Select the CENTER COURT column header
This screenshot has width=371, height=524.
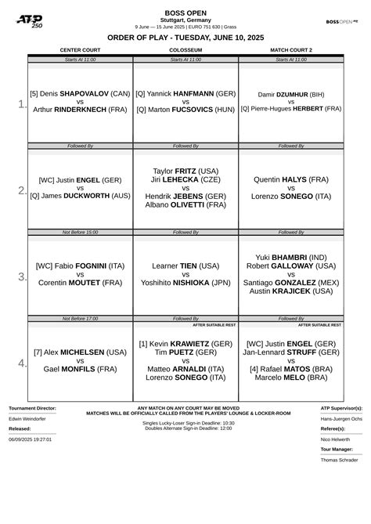click(80, 50)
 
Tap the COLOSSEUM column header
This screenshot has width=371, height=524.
click(185, 50)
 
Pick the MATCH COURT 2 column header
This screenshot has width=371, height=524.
click(290, 50)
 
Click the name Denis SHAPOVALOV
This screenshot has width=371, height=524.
click(80, 92)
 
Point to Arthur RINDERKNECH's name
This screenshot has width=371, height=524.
click(80, 110)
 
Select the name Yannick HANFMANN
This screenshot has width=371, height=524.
click(185, 92)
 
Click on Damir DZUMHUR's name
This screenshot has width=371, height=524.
click(290, 93)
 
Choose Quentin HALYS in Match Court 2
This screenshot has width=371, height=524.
click(290, 179)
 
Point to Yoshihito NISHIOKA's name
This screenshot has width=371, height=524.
click(185, 283)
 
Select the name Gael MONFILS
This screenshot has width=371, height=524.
click(80, 368)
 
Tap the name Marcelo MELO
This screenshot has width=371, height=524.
click(290, 378)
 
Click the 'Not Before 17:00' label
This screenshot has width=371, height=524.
click(80, 319)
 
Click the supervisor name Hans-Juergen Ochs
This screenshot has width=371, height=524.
click(341, 419)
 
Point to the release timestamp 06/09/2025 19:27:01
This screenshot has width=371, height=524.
click(31, 439)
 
